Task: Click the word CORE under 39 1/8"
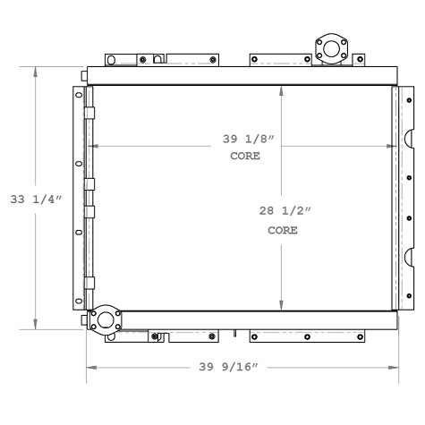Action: pos(244,156)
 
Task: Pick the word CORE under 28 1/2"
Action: pos(282,230)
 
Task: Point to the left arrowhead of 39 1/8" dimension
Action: pos(93,145)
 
